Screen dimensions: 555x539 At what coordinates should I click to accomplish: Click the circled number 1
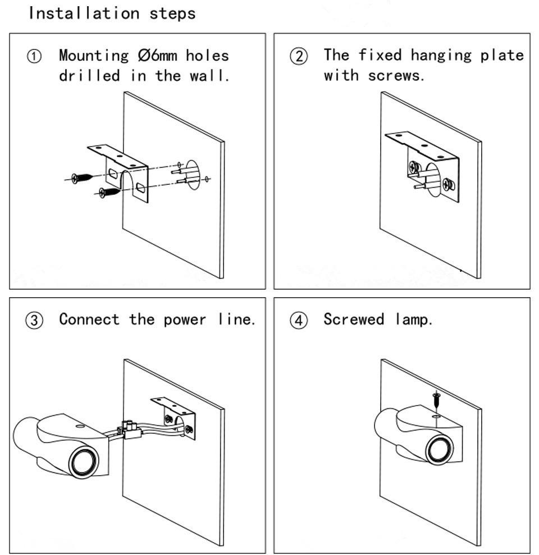pyautogui.click(x=34, y=56)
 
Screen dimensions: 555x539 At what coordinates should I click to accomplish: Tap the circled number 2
pyautogui.click(x=299, y=56)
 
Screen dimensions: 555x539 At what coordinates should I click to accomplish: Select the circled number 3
pyautogui.click(x=34, y=321)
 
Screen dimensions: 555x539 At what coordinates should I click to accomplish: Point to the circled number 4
pyautogui.click(x=299, y=321)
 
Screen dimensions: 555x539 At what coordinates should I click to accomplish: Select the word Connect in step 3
pyautogui.click(x=89, y=320)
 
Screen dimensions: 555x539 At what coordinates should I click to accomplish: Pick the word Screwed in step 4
pyautogui.click(x=354, y=320)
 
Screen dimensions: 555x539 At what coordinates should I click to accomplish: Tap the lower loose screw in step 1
pyautogui.click(x=110, y=192)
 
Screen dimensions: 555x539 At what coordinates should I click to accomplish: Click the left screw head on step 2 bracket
pyautogui.click(x=414, y=167)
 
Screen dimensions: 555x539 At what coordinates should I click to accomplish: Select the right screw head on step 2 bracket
pyautogui.click(x=447, y=184)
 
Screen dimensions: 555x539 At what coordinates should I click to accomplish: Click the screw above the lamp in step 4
pyautogui.click(x=436, y=401)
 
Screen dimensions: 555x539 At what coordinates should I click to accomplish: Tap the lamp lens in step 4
pyautogui.click(x=440, y=449)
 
